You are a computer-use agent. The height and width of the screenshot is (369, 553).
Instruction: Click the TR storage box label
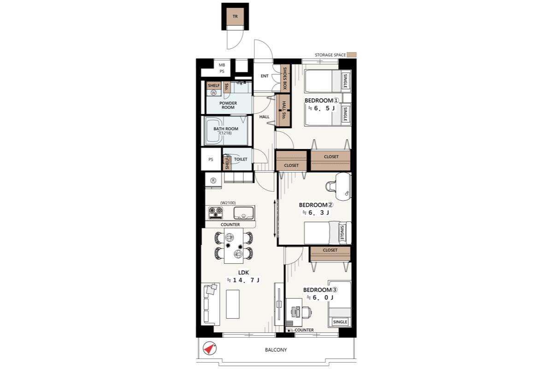(x=235, y=17)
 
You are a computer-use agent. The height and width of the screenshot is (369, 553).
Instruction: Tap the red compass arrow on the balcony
(x=209, y=349)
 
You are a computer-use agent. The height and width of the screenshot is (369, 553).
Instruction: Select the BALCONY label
(x=276, y=350)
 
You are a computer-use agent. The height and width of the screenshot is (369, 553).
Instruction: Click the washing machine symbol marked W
(x=213, y=93)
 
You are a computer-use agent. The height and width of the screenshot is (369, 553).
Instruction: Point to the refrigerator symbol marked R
(x=213, y=181)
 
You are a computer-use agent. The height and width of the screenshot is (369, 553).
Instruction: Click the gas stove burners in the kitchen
(x=216, y=213)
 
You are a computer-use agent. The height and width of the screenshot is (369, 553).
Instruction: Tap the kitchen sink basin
(x=244, y=213)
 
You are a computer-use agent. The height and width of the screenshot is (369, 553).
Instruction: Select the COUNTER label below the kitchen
(x=230, y=225)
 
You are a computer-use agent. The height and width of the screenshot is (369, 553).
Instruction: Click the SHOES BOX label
(x=285, y=78)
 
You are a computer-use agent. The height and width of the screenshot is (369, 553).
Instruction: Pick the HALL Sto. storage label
(x=284, y=110)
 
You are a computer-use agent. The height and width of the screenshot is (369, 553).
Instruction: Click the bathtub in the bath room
(x=214, y=132)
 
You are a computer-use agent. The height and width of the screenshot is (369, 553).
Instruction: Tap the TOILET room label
(x=241, y=160)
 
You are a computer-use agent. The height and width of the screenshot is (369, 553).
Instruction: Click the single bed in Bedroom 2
(x=328, y=233)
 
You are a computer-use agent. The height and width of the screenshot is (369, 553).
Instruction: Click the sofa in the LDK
(x=210, y=304)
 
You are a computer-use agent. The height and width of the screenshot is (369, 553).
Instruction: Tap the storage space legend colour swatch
(x=352, y=55)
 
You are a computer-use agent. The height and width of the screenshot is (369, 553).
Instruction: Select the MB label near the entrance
(x=222, y=65)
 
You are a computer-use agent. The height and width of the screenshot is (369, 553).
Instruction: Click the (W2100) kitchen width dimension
(x=228, y=203)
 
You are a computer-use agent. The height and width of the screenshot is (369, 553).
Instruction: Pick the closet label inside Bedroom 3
(x=330, y=250)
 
